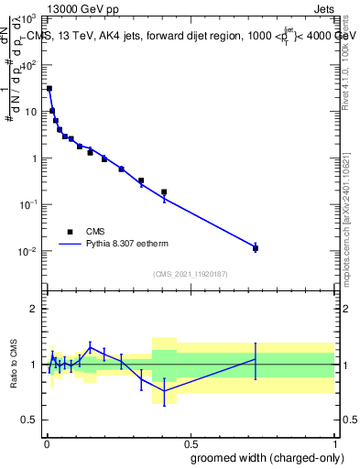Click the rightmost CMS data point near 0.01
pos(256,248)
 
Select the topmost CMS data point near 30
pos(49,89)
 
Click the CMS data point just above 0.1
pos(164,192)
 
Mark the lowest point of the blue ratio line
pos(164,391)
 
